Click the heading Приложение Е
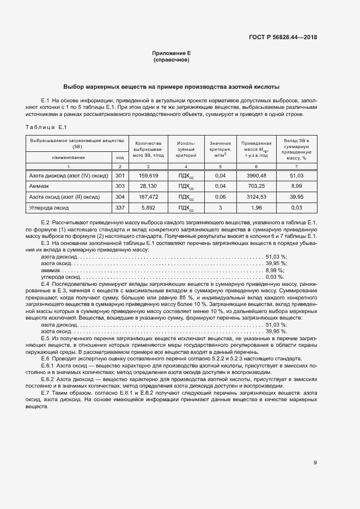[171, 53]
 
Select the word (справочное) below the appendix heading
[171, 59]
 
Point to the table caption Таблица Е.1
[46, 127]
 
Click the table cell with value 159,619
[148, 175]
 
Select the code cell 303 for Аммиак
[120, 186]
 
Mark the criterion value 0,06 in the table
[220, 197]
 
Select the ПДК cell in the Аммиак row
[186, 186]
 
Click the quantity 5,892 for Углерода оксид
[148, 207]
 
